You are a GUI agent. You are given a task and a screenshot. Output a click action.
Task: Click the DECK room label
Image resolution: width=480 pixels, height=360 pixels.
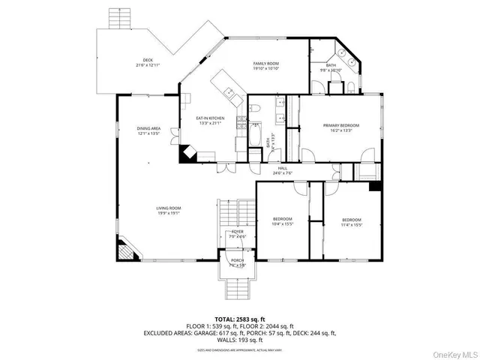click(148, 61)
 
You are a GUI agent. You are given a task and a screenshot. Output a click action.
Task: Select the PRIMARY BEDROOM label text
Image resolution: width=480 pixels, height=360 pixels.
click(341, 125)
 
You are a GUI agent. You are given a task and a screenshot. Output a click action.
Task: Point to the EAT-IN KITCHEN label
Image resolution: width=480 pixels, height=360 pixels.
click(210, 118)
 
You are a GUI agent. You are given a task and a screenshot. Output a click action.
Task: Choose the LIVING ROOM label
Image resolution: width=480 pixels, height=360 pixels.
click(148, 208)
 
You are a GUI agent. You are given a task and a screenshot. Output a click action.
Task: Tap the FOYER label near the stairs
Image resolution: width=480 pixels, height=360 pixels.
click(237, 232)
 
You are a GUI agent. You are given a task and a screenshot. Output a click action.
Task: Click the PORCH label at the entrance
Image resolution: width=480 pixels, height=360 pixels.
click(237, 261)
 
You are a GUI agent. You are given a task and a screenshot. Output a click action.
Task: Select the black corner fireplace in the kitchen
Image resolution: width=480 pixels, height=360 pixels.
click(187, 154)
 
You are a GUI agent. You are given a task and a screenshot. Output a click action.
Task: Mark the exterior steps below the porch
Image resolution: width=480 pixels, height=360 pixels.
click(237, 286)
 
